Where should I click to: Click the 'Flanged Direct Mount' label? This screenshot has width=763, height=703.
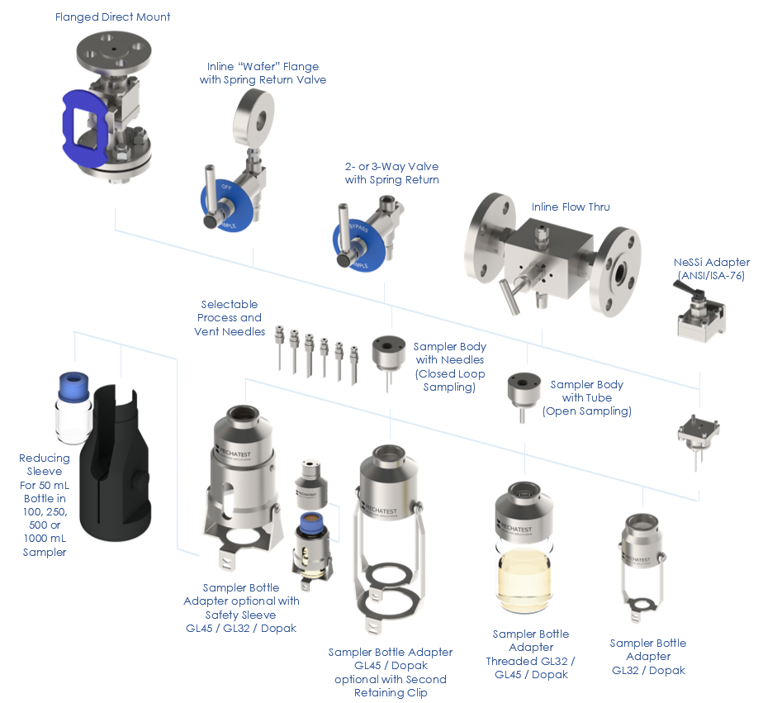[x=112, y=17]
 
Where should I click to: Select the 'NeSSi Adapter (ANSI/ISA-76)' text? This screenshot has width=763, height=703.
[x=711, y=268]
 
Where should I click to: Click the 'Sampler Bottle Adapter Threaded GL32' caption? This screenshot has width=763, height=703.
[x=531, y=654]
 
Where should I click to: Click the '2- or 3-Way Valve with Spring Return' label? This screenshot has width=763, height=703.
[x=391, y=173]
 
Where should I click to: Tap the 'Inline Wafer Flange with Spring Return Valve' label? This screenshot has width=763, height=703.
[x=263, y=73]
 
